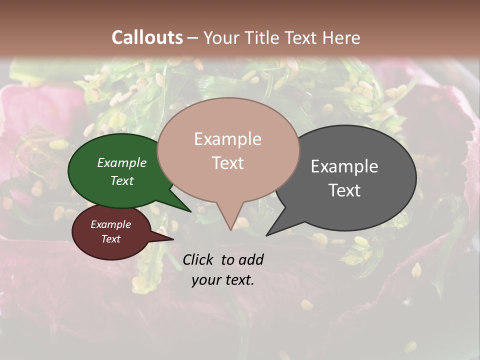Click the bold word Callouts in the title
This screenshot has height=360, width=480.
(x=147, y=37)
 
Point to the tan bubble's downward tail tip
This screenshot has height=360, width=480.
(x=230, y=230)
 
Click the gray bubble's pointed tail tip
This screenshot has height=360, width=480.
(x=266, y=235)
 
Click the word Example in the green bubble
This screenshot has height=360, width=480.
(x=122, y=162)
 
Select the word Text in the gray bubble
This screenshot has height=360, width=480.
(x=344, y=190)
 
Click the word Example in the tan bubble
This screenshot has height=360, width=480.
(x=227, y=139)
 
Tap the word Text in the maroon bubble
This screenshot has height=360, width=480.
(x=111, y=239)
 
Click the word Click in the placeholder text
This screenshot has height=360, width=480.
(x=198, y=259)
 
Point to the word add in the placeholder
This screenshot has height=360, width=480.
(x=250, y=259)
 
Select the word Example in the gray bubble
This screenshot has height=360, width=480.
(x=344, y=166)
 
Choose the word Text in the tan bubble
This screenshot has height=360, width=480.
(x=227, y=163)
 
